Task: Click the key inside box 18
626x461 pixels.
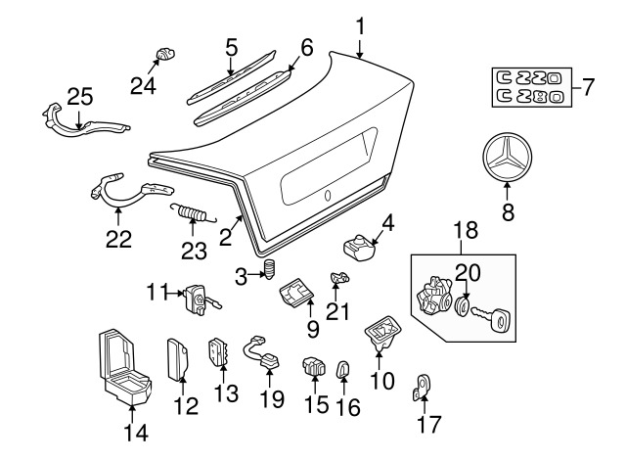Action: [x=489, y=317]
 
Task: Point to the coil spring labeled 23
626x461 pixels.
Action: [x=193, y=212]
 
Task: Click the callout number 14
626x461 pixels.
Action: [x=136, y=433]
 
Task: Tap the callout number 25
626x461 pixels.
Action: [x=80, y=97]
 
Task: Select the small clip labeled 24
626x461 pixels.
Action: [x=165, y=53]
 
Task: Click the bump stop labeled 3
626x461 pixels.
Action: [x=270, y=269]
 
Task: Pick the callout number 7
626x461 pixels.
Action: [x=588, y=87]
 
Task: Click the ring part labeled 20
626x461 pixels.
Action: [x=463, y=306]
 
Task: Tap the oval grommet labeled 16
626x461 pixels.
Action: [x=343, y=368]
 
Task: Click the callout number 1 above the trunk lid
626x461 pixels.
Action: [x=360, y=26]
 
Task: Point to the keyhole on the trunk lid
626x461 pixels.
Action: [x=328, y=196]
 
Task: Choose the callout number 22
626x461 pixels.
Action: [x=118, y=240]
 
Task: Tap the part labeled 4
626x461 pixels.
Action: [x=358, y=246]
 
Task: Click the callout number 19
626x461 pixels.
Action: [x=272, y=398]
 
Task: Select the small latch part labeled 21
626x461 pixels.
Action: [x=339, y=277]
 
